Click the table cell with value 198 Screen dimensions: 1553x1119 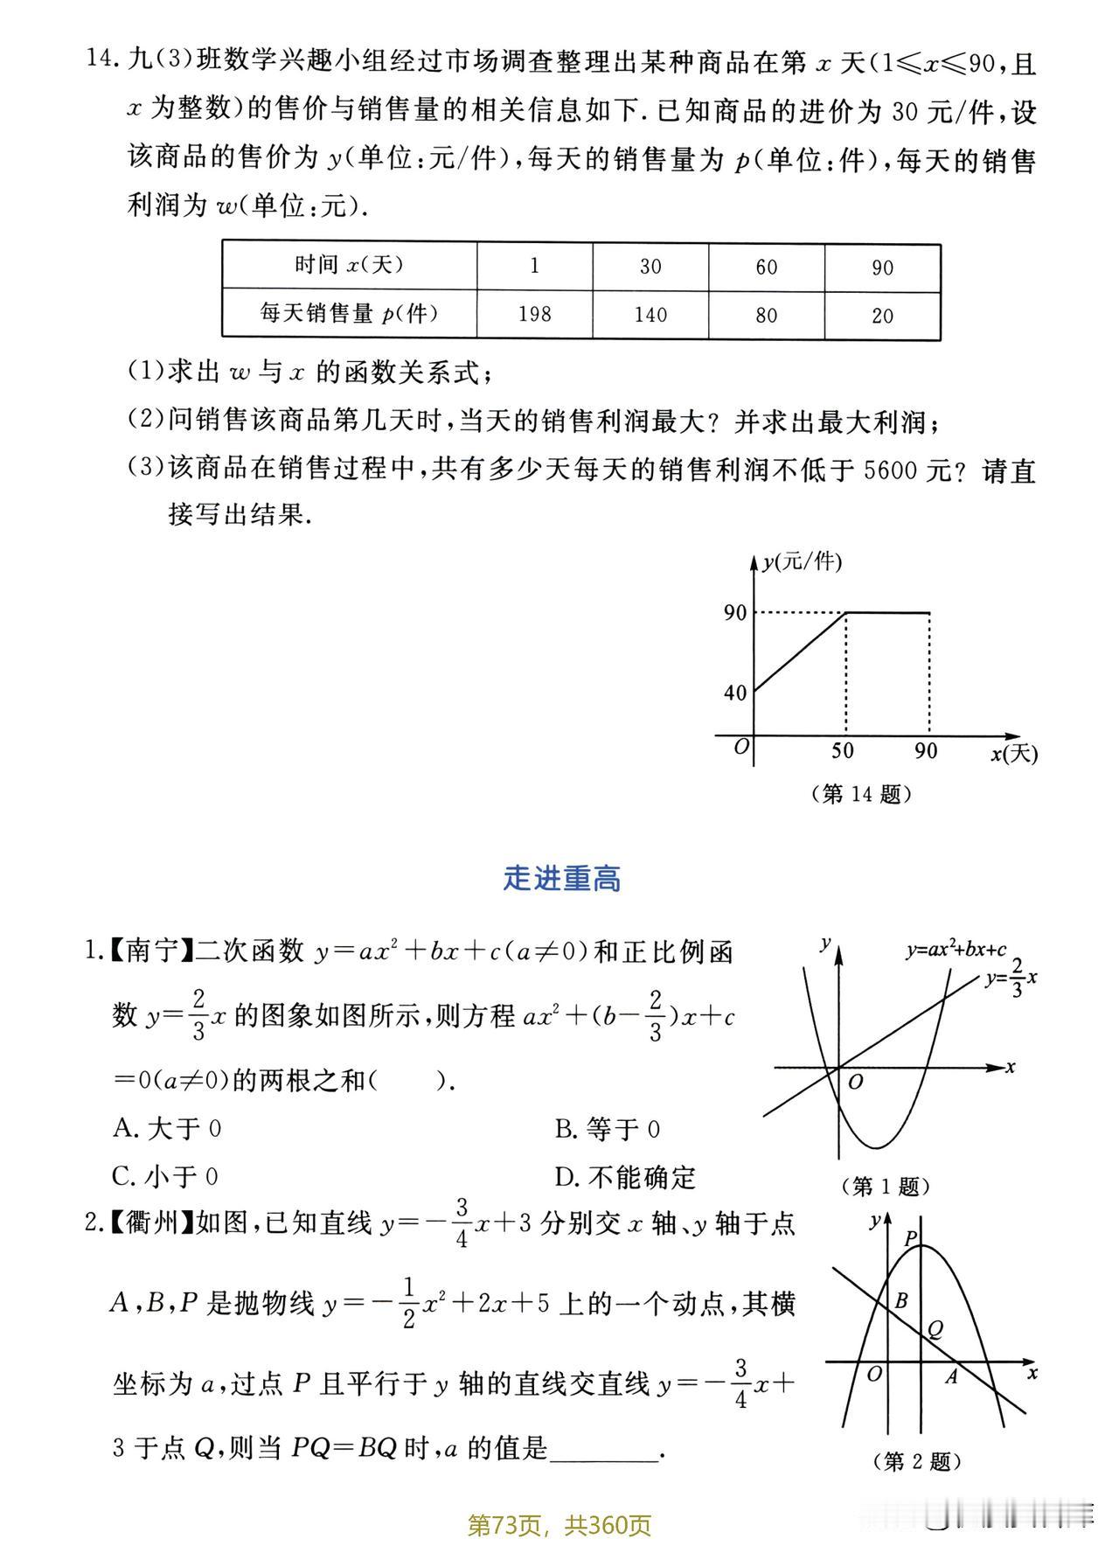tap(534, 314)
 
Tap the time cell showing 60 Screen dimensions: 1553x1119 tap(766, 267)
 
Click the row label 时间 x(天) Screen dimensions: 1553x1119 tap(349, 265)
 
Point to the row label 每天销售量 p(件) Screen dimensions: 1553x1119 tap(349, 313)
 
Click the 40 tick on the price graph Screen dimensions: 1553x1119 tap(735, 693)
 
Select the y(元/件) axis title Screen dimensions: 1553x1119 tap(802, 562)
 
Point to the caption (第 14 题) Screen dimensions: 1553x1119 tap(862, 794)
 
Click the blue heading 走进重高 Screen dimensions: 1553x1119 tap(561, 879)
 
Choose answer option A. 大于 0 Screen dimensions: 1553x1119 tap(167, 1129)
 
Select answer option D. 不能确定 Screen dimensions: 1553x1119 tap(625, 1178)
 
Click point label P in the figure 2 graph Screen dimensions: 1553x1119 tap(910, 1239)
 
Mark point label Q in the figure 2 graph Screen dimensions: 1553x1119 tap(935, 1330)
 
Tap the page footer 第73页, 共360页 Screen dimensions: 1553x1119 tap(559, 1526)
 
